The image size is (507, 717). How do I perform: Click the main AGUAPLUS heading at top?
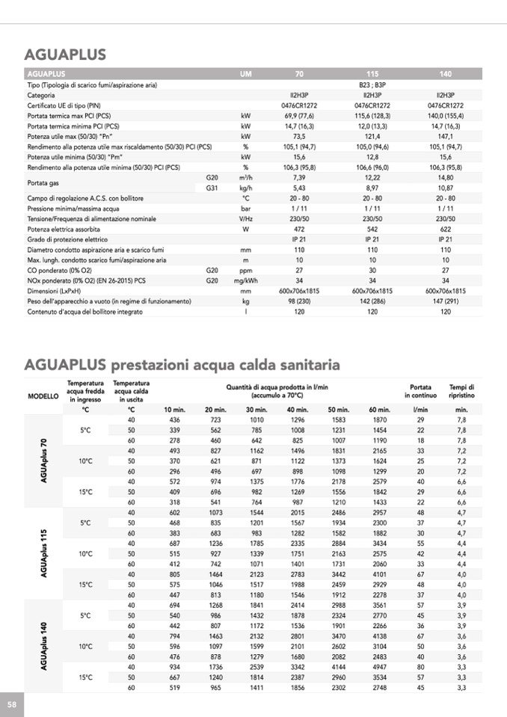pyautogui.click(x=65, y=55)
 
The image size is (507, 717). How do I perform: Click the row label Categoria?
pyautogui.click(x=40, y=96)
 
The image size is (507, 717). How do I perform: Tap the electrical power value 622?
pyautogui.click(x=446, y=229)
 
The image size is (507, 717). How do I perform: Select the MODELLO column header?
pyautogui.click(x=43, y=396)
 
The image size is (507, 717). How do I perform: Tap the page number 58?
pyautogui.click(x=12, y=704)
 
